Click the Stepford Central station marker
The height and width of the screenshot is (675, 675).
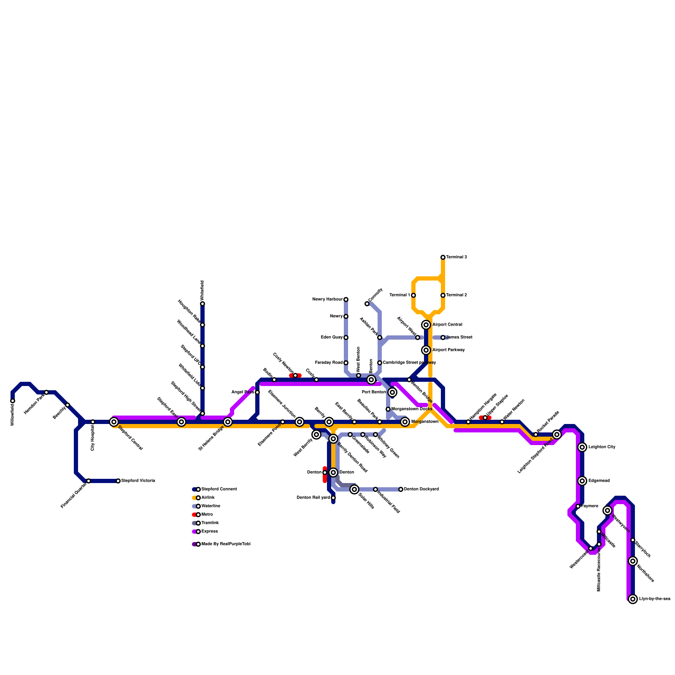[x=114, y=422]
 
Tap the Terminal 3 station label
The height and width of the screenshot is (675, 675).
[x=456, y=257]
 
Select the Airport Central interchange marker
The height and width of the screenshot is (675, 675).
[x=426, y=325]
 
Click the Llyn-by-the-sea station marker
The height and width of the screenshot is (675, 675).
[x=633, y=599]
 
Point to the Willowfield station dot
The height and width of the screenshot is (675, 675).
[x=13, y=401]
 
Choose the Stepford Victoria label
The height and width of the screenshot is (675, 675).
[x=138, y=481]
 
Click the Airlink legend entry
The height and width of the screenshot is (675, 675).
[x=208, y=498]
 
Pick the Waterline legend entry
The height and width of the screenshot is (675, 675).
[x=211, y=506]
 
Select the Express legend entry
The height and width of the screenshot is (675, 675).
[x=209, y=532]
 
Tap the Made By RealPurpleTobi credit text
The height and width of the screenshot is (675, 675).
[x=226, y=544]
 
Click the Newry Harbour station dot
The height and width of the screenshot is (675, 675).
[x=346, y=300]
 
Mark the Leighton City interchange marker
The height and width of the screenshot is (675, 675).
[x=582, y=447]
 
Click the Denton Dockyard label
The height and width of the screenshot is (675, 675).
[x=421, y=489]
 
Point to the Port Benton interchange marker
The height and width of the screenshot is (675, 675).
[x=392, y=392]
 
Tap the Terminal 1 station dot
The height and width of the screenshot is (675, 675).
[x=413, y=295]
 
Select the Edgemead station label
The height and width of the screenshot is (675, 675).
[x=599, y=481]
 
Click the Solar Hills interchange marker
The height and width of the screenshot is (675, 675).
[x=354, y=489]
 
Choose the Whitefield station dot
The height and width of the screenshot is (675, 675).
[x=202, y=304]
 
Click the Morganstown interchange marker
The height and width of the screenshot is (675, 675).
[x=405, y=422]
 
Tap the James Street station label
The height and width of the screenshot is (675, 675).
[x=459, y=337]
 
